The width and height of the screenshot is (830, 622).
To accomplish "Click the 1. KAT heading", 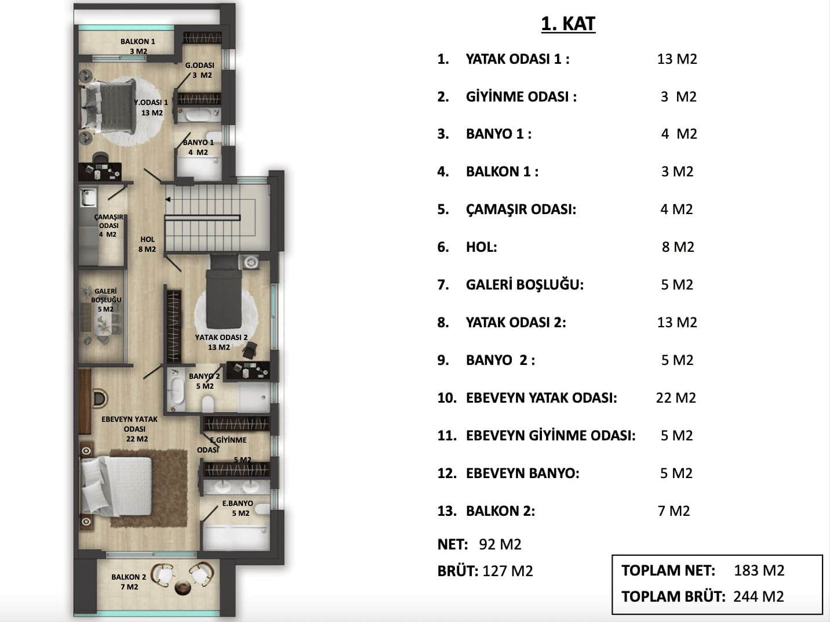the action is click(569, 24).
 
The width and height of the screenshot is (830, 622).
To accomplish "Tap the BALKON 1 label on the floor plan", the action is click(137, 42).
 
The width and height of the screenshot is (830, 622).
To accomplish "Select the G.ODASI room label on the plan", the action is click(199, 66).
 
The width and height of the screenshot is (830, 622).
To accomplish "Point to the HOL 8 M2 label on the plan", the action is click(147, 244).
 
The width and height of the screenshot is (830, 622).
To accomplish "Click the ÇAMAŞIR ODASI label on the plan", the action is click(109, 221).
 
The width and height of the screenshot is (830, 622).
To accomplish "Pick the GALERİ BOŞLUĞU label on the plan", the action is click(106, 295).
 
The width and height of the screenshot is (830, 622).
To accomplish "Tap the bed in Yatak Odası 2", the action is click(224, 292).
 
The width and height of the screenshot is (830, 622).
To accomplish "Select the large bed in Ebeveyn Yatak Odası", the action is click(116, 486).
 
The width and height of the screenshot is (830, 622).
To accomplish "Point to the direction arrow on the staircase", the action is click(168, 200).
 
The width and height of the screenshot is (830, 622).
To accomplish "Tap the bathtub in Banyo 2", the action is click(176, 390).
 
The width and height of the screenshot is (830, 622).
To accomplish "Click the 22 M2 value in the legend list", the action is click(676, 397).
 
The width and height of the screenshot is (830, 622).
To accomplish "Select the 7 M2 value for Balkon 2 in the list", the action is click(674, 511).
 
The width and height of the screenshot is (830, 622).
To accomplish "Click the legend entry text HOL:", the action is click(481, 247).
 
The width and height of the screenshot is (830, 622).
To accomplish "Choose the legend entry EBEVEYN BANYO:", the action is click(523, 473).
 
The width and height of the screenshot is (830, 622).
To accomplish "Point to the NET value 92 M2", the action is click(500, 544).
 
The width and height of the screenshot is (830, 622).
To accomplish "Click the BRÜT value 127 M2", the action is click(508, 571).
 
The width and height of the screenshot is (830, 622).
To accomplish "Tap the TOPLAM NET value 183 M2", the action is click(759, 570).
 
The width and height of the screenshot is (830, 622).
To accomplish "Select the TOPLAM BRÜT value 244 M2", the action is click(759, 596).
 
